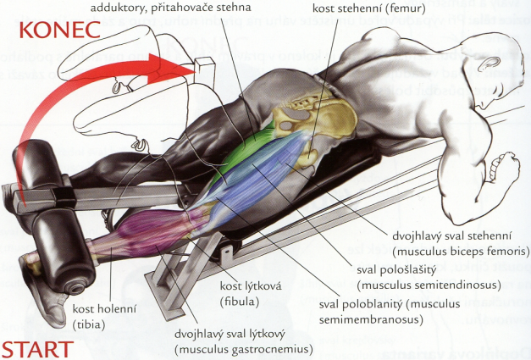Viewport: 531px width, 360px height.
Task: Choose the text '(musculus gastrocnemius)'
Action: pos(244,348)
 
